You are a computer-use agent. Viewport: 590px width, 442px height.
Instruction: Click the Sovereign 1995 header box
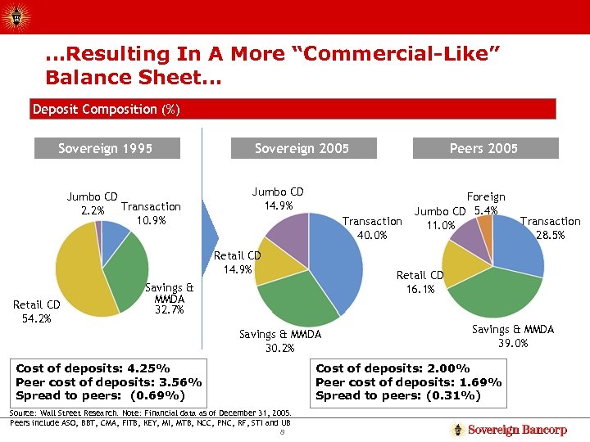pos(106,148)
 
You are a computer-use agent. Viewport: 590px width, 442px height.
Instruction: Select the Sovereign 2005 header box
pos(302,148)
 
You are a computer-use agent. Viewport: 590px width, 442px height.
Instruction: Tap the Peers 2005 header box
pos(483,148)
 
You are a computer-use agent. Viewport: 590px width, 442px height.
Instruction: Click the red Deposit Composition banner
pos(293,109)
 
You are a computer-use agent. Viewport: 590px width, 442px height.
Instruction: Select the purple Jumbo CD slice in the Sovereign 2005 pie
pos(287,233)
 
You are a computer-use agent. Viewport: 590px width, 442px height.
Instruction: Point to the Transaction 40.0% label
pos(372,228)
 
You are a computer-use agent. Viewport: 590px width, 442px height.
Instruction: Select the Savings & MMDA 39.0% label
pos(513,336)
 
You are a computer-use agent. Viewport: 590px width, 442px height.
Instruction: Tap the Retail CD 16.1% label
pos(420,282)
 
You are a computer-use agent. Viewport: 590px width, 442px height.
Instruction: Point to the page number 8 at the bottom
pos(281,432)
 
